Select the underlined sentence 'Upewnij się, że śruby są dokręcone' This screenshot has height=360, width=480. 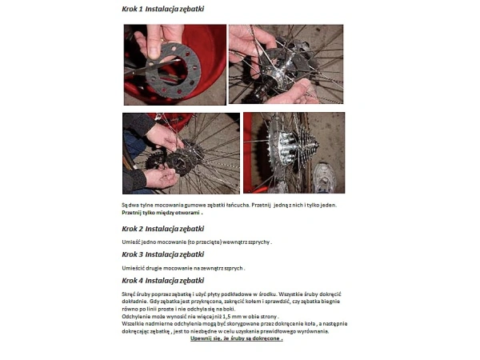pyautogui.click(x=237, y=338)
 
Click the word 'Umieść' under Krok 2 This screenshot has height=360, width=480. pyautogui.click(x=131, y=242)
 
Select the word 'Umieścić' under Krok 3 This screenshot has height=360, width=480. pyautogui.click(x=134, y=267)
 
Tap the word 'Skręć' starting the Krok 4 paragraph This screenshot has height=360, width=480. pyautogui.click(x=130, y=296)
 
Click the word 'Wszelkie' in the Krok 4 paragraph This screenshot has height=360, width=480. pyautogui.click(x=134, y=325)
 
